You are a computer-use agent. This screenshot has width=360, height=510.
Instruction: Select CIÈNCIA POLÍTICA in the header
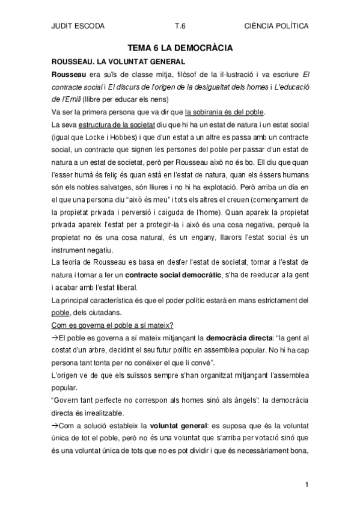[x=277, y=26]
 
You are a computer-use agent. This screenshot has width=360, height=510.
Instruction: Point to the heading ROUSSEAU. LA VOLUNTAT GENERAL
[x=118, y=61]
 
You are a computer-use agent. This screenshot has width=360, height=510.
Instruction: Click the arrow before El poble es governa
[x=55, y=339]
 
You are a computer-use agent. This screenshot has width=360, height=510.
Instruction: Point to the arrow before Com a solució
[x=55, y=428]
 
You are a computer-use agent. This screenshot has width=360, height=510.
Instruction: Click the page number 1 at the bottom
[x=307, y=485]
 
